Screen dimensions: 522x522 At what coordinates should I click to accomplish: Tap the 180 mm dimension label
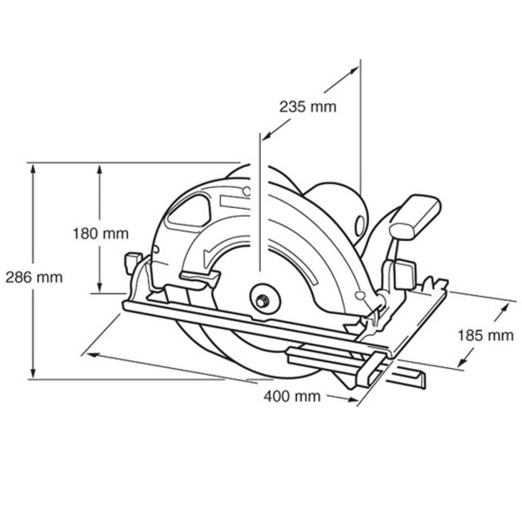[101, 233]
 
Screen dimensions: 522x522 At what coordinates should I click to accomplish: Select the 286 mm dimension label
[32, 278]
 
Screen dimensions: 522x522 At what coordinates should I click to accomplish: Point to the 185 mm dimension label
[482, 335]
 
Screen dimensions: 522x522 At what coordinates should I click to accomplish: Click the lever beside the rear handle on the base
[402, 271]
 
